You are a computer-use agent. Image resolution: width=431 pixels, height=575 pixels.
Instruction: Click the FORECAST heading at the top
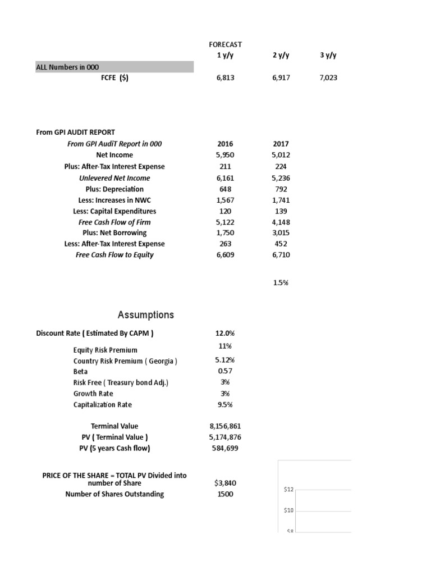coord(225,44)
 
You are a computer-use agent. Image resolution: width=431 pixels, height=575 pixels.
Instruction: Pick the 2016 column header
coord(225,144)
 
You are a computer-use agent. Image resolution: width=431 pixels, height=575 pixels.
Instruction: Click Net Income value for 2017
coord(281,155)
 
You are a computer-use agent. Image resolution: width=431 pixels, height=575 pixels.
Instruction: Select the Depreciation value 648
coord(225,189)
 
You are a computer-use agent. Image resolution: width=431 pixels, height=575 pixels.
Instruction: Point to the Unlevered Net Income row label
coord(114,178)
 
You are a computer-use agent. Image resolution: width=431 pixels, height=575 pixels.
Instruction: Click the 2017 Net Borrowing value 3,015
coord(281,232)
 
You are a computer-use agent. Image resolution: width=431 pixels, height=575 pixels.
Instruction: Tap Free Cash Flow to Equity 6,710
coord(281,255)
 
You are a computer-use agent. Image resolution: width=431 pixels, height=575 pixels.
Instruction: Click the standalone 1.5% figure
coord(281,283)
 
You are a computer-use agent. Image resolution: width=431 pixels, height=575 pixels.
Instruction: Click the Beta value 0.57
coord(225,371)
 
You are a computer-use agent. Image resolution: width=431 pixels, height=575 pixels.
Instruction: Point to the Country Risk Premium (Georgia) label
coord(125,360)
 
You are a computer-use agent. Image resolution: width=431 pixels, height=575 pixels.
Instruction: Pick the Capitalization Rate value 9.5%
coord(225,404)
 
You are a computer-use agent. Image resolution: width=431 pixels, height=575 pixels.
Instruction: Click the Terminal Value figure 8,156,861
coord(225,426)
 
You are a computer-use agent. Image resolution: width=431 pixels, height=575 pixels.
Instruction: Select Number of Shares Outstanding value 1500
coord(225,494)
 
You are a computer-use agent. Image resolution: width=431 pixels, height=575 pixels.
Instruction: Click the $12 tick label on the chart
coord(288,490)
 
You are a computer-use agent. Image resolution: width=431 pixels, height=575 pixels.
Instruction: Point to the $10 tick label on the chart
coord(288,510)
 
